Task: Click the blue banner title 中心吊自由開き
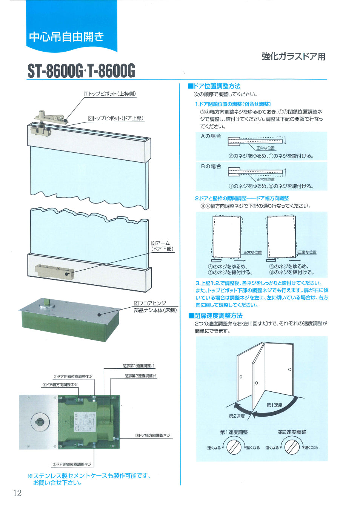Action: pos(66,37)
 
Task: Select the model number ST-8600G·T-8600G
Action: pos(81,71)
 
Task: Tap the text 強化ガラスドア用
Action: pos(293,57)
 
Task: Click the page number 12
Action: pos(17,493)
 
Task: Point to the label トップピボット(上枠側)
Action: pos(110,94)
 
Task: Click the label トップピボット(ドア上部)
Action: pos(116,118)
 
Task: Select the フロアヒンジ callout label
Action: pos(150,303)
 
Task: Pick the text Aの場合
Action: pos(211,136)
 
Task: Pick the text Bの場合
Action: pos(211,166)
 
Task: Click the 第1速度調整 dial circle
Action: pos(234,447)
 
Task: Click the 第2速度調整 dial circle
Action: pos(292,447)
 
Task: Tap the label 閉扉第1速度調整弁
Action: pos(138,366)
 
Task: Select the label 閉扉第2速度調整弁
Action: pos(140,376)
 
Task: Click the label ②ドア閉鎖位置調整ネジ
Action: pos(72,464)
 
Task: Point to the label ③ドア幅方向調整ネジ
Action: pos(152,435)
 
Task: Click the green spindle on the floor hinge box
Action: pos(48,302)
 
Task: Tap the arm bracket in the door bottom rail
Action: pos(54,271)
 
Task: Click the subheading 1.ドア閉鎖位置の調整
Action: pos(233,104)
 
